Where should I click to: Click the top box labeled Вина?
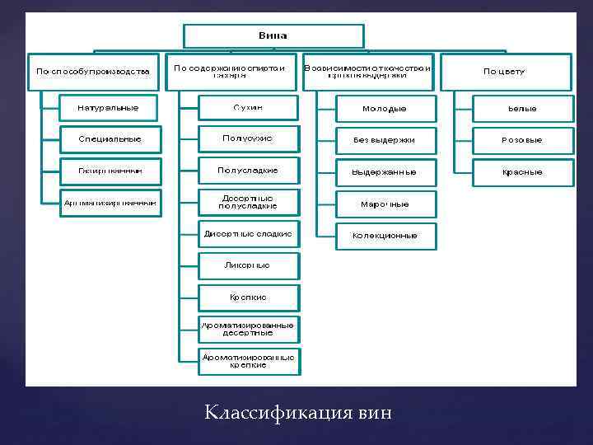[x=273, y=36]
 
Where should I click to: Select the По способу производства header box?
[x=93, y=72]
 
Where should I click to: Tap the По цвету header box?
[x=505, y=72]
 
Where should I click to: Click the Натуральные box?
[x=109, y=108]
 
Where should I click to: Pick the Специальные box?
[x=109, y=139]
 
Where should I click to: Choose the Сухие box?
[x=248, y=108]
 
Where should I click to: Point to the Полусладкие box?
[x=248, y=171]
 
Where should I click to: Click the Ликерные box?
[x=248, y=265]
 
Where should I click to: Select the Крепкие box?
[x=248, y=297]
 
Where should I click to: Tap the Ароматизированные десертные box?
[x=248, y=329]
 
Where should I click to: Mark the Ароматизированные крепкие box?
[x=248, y=361]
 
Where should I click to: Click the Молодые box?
[x=385, y=109]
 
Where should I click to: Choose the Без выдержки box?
[x=385, y=140]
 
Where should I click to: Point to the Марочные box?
[x=385, y=204]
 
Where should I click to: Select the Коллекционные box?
[x=385, y=235]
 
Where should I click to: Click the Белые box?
[x=522, y=109]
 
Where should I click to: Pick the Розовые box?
[x=522, y=140]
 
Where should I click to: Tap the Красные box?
[x=522, y=172]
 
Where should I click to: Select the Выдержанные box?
[x=385, y=172]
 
